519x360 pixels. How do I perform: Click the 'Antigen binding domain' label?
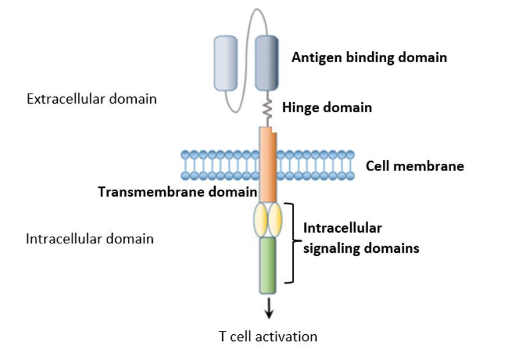pos(369,57)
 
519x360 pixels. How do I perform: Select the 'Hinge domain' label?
pos(327,107)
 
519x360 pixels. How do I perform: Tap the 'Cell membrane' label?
pos(414,166)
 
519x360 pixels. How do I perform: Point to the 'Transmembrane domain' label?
pos(177,192)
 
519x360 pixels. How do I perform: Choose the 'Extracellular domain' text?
pos(91,99)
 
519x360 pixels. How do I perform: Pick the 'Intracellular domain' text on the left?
pos(90,239)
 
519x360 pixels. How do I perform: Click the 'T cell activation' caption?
pos(267,336)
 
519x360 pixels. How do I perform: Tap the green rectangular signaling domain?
pos(267,265)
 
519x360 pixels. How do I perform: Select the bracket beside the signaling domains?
pos(290,243)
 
